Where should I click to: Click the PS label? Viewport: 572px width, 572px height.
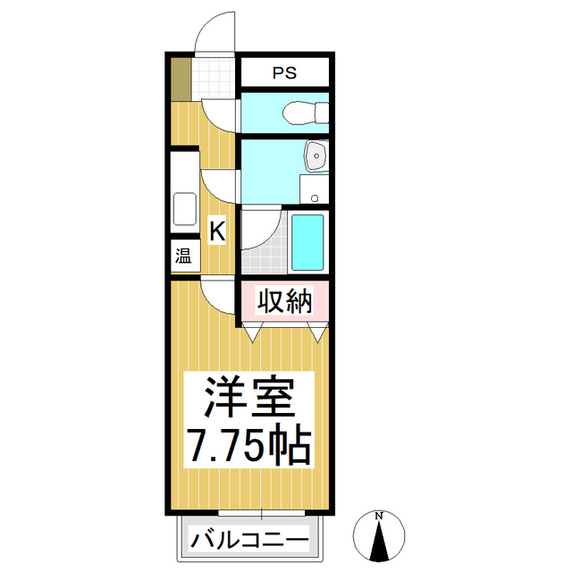tap(285, 73)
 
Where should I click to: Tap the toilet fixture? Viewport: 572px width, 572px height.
tap(306, 113)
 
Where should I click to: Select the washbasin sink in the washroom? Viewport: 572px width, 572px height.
tap(316, 156)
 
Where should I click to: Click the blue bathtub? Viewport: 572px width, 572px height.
tap(307, 242)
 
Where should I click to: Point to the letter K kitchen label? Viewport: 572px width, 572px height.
tap(217, 231)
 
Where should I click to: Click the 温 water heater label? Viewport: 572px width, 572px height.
tap(183, 256)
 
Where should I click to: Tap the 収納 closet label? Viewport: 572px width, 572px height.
tap(285, 301)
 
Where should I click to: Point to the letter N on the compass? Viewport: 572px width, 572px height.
tap(379, 517)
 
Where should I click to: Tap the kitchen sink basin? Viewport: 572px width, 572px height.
tap(185, 209)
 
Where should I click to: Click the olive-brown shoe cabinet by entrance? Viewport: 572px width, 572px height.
tap(181, 80)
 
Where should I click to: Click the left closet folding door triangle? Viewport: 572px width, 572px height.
tap(252, 332)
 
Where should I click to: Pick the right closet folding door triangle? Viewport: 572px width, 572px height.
tap(318, 332)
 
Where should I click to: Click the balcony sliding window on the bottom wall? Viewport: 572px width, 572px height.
tap(261, 513)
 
